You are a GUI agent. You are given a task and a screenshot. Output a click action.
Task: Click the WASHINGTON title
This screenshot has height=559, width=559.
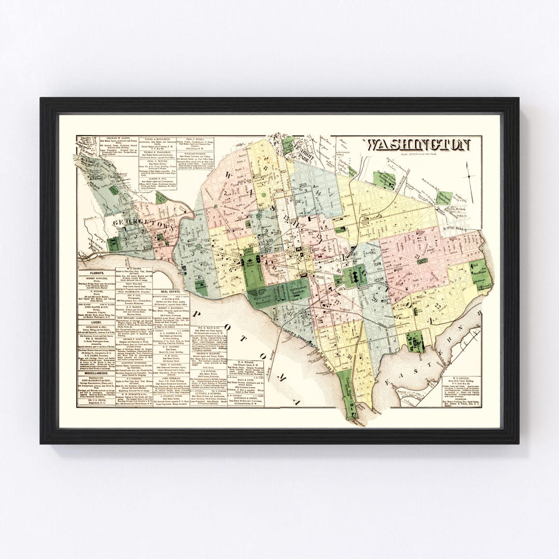click(x=418, y=144)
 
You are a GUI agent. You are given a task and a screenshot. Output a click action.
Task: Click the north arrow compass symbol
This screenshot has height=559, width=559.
click(x=469, y=176)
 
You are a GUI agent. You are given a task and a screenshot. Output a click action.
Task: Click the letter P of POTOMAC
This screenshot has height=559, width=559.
click(x=198, y=315)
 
